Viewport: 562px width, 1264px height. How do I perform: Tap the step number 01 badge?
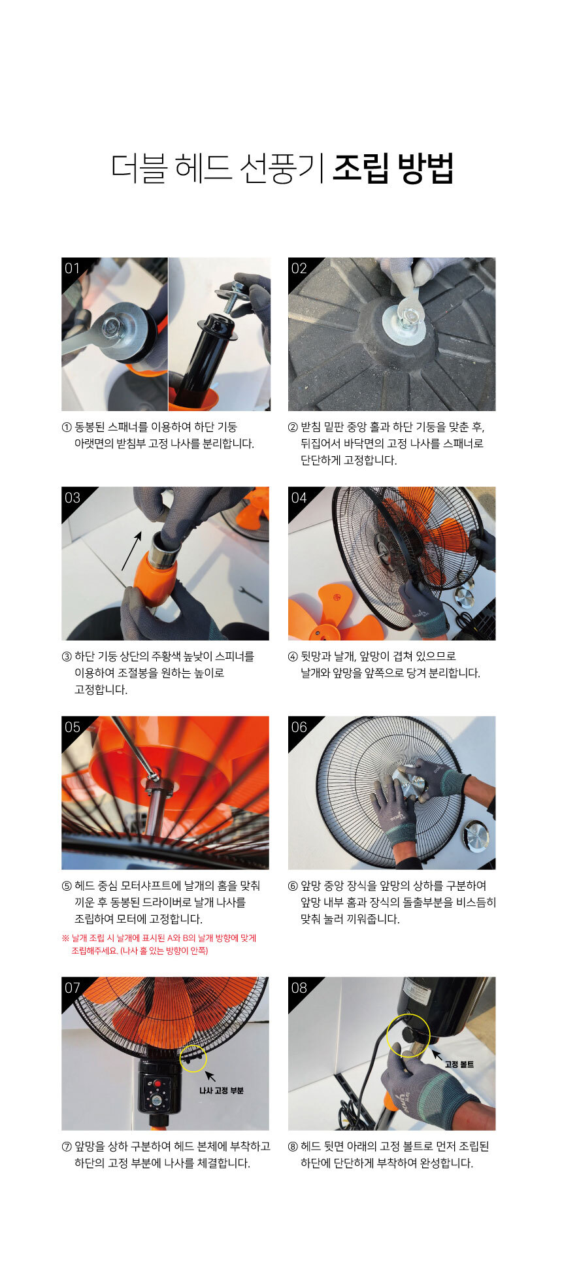[x=72, y=268]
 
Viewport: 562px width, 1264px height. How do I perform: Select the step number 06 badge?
[x=299, y=727]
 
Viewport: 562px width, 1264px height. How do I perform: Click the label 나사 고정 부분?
[x=221, y=1090]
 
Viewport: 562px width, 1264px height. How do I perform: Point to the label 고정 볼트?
[x=459, y=1064]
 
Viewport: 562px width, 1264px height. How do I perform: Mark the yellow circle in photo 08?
[x=408, y=1035]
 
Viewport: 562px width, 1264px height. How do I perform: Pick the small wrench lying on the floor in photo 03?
[x=250, y=594]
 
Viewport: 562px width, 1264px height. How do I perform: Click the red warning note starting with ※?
[x=159, y=944]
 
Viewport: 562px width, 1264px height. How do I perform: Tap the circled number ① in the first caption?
[x=67, y=427]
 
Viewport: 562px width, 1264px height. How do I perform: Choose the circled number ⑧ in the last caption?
[x=293, y=1146]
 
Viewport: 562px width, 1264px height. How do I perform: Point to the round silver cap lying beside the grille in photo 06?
[x=476, y=838]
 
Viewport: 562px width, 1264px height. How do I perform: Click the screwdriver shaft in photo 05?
[x=135, y=745]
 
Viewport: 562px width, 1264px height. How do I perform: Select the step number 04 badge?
[x=299, y=497]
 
